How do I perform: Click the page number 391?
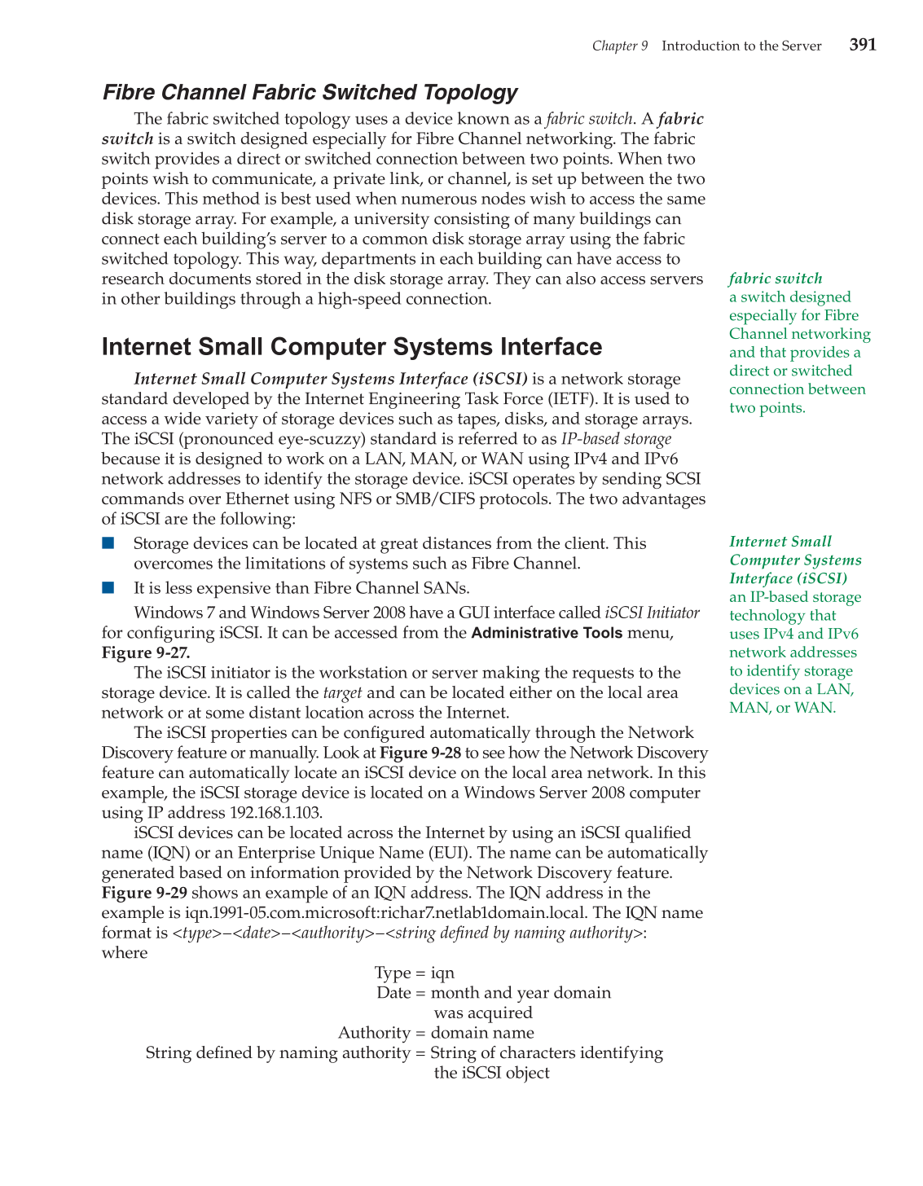coord(863,45)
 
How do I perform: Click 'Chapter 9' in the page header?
coord(619,46)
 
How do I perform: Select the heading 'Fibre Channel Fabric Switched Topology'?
coord(310,92)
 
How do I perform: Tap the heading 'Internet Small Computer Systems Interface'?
coord(351,346)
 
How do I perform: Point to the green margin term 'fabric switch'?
coord(776,278)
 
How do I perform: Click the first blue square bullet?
coord(108,543)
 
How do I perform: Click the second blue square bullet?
coord(108,587)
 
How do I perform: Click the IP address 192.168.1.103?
coord(275,813)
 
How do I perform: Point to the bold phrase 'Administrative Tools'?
coord(547,633)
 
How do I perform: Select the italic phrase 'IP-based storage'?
coord(616,439)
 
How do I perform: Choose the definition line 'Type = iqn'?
coord(414,973)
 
